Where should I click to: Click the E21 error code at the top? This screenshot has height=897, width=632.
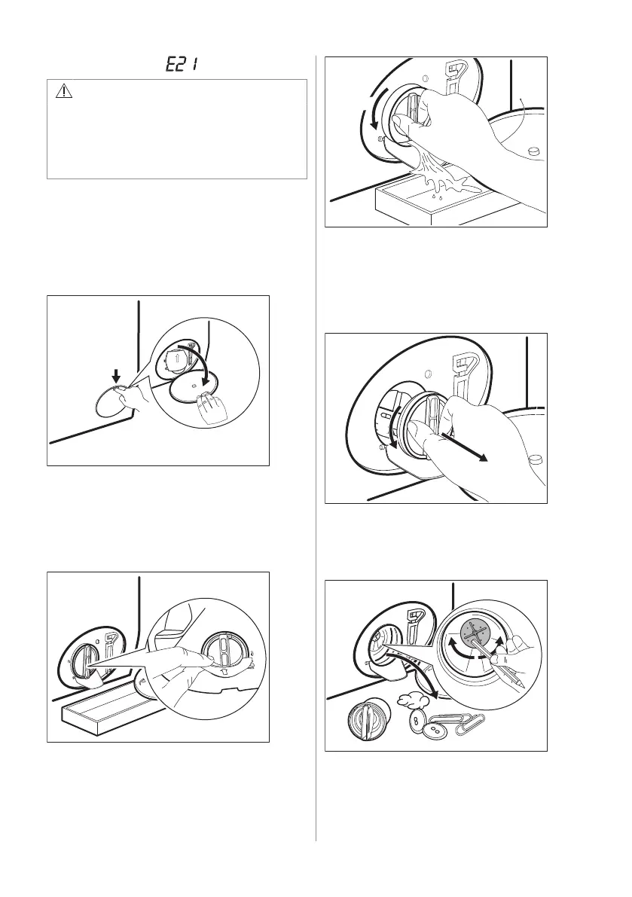point(182,63)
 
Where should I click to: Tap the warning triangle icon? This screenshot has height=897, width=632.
point(64,92)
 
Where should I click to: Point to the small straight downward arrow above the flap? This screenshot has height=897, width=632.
point(116,375)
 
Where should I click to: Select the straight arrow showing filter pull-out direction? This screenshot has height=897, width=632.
point(463,446)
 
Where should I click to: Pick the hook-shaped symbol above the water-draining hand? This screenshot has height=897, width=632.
point(456,78)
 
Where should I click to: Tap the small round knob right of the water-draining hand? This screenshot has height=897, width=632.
point(534,151)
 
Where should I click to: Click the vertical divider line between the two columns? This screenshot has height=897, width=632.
point(316,448)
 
